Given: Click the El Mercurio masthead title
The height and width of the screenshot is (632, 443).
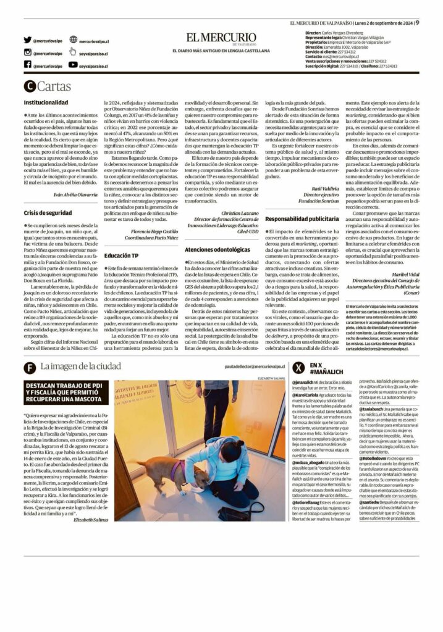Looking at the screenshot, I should [221, 38].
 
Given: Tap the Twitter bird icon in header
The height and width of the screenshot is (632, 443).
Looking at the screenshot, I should [27, 40].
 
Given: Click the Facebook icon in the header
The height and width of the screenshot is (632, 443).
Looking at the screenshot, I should [27, 64].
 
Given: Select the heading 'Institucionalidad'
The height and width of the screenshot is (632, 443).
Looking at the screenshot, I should [46, 102].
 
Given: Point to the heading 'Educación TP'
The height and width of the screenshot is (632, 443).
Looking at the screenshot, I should [122, 254].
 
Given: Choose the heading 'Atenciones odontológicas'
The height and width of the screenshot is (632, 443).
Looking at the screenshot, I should [217, 249].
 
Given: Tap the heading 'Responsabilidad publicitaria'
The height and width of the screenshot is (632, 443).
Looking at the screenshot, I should [303, 218].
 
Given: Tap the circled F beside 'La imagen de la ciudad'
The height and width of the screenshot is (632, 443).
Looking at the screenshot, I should [29, 368].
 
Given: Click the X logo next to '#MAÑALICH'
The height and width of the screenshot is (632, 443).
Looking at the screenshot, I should [298, 368].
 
